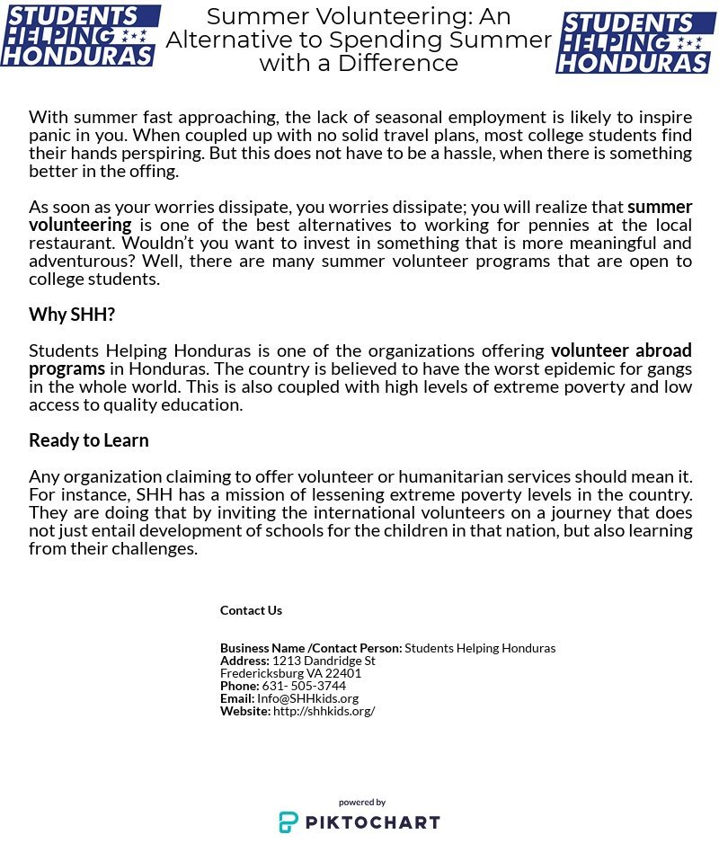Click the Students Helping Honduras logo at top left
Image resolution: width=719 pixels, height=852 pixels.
pyautogui.click(x=79, y=36)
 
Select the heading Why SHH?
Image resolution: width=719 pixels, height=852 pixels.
pyautogui.click(x=72, y=315)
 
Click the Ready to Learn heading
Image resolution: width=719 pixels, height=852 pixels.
pyautogui.click(x=89, y=440)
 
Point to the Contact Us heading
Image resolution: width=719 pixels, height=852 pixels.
pyautogui.click(x=251, y=610)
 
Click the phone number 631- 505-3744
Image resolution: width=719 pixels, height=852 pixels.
pyautogui.click(x=304, y=686)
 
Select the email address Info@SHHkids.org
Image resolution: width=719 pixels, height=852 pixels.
pyautogui.click(x=307, y=698)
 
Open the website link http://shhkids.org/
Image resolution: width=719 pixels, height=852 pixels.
pyautogui.click(x=324, y=711)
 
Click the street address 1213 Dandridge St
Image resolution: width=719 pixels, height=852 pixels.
pyautogui.click(x=324, y=661)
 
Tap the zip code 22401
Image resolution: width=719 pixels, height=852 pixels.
pyautogui.click(x=343, y=673)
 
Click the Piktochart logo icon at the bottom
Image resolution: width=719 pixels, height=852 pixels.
pyautogui.click(x=288, y=822)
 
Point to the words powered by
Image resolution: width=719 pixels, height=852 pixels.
pyautogui.click(x=362, y=803)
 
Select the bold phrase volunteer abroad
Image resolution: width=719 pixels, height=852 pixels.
pyautogui.click(x=621, y=351)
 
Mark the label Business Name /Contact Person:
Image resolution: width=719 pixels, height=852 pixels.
pyautogui.click(x=311, y=648)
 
